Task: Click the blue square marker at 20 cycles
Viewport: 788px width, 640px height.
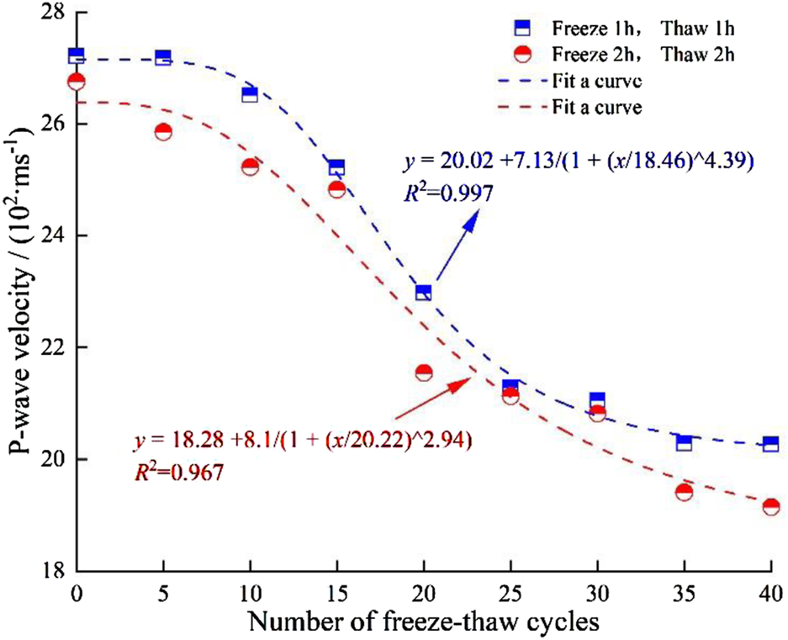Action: click(x=423, y=293)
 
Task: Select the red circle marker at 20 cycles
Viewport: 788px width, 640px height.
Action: click(x=423, y=373)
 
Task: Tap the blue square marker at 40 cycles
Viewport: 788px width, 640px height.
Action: click(x=770, y=444)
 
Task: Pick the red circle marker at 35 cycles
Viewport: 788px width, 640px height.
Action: click(x=684, y=492)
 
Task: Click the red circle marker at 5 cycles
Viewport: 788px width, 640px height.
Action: click(x=163, y=131)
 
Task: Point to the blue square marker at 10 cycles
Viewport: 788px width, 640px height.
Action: click(x=250, y=94)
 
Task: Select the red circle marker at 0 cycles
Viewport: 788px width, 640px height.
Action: click(x=77, y=82)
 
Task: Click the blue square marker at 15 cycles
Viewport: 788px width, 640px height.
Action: click(x=336, y=167)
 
